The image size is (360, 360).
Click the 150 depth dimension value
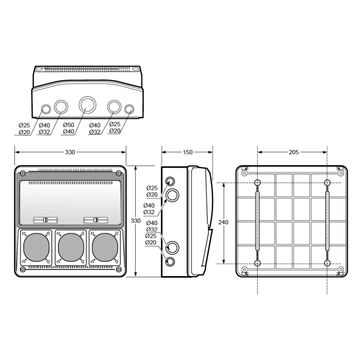click(x=188, y=152)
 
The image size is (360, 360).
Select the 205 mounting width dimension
click(x=294, y=152)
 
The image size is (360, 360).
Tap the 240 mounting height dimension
click(x=223, y=222)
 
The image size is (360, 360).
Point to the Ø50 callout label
click(x=68, y=125)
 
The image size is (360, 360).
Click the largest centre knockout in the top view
click(x=87, y=105)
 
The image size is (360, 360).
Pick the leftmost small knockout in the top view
click(x=46, y=109)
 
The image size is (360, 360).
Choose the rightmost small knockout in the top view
click(x=129, y=109)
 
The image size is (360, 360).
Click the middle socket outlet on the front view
click(x=71, y=247)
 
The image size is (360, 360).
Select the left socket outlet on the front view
click(x=37, y=247)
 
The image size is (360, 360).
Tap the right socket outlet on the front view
click(x=105, y=247)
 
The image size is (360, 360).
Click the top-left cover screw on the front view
click(x=23, y=173)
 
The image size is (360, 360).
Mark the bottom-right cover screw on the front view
click(x=118, y=269)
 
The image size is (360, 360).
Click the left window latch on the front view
click(x=45, y=220)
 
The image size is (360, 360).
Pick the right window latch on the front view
click(x=96, y=220)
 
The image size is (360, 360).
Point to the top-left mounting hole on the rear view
click(x=257, y=183)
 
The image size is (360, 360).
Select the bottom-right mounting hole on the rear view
click(x=327, y=263)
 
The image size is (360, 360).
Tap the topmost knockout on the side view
click(x=170, y=182)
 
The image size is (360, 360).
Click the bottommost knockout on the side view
click(x=170, y=261)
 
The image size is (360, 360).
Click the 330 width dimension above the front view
click(x=70, y=152)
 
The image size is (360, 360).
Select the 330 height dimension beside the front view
click(x=135, y=221)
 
